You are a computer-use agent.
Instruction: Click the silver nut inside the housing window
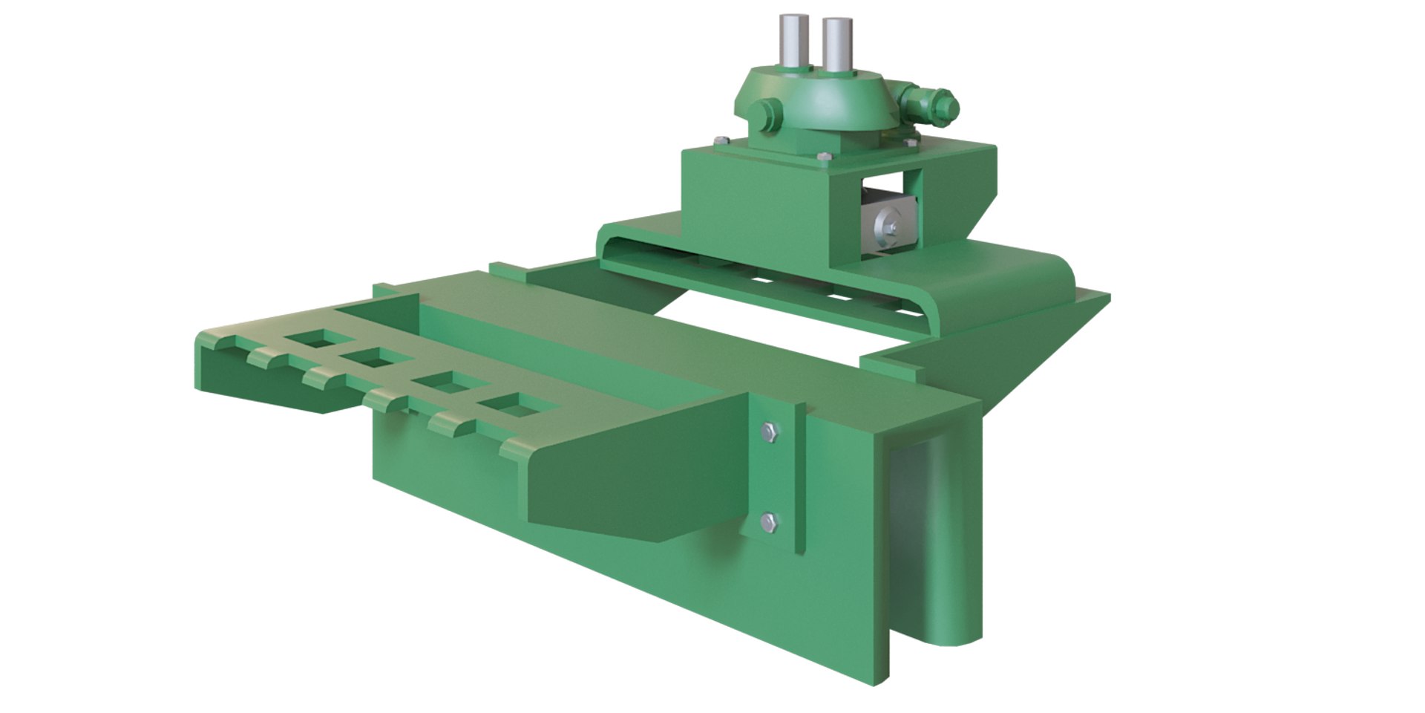pyautogui.click(x=886, y=222)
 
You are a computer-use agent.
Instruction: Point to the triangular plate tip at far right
pyautogui.click(x=1098, y=300)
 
